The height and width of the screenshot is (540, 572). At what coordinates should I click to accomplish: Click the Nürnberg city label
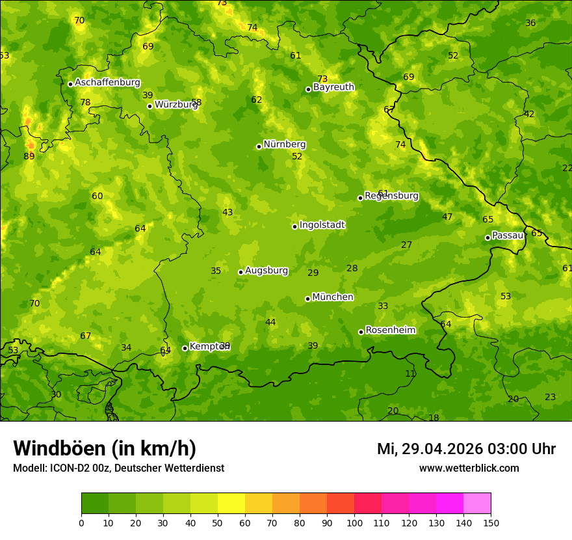pyautogui.click(x=284, y=144)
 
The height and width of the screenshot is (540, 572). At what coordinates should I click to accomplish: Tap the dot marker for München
pyautogui.click(x=307, y=299)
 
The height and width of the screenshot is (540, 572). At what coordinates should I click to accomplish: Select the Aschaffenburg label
pyautogui.click(x=107, y=83)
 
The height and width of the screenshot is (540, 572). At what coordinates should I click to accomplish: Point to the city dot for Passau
pyautogui.click(x=487, y=237)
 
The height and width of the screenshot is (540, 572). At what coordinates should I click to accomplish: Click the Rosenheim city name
pyautogui.click(x=390, y=331)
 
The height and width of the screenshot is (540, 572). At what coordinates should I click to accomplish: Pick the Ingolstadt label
pyautogui.click(x=322, y=225)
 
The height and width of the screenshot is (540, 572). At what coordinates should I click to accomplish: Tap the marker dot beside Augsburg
pyautogui.click(x=240, y=272)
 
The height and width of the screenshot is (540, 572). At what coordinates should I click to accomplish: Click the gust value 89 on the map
pyautogui.click(x=29, y=156)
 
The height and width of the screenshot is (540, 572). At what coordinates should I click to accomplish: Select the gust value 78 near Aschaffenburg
pyautogui.click(x=85, y=103)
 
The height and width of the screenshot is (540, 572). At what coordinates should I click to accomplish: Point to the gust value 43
pyautogui.click(x=227, y=213)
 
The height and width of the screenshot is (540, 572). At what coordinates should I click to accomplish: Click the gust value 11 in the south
pyautogui.click(x=410, y=374)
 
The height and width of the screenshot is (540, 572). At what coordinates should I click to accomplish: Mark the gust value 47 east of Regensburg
pyautogui.click(x=447, y=217)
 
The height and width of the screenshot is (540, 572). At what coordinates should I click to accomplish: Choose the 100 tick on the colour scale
pyautogui.click(x=354, y=522)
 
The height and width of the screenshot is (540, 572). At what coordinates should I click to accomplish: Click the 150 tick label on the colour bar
pyautogui.click(x=491, y=522)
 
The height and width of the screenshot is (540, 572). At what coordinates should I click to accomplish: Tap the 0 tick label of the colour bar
pyautogui.click(x=81, y=522)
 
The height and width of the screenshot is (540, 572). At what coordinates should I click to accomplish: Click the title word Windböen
pyautogui.click(x=59, y=448)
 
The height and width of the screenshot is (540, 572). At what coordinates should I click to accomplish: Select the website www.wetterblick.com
pyautogui.click(x=469, y=468)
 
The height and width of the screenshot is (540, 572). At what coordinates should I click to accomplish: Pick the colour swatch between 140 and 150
pyautogui.click(x=477, y=504)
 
